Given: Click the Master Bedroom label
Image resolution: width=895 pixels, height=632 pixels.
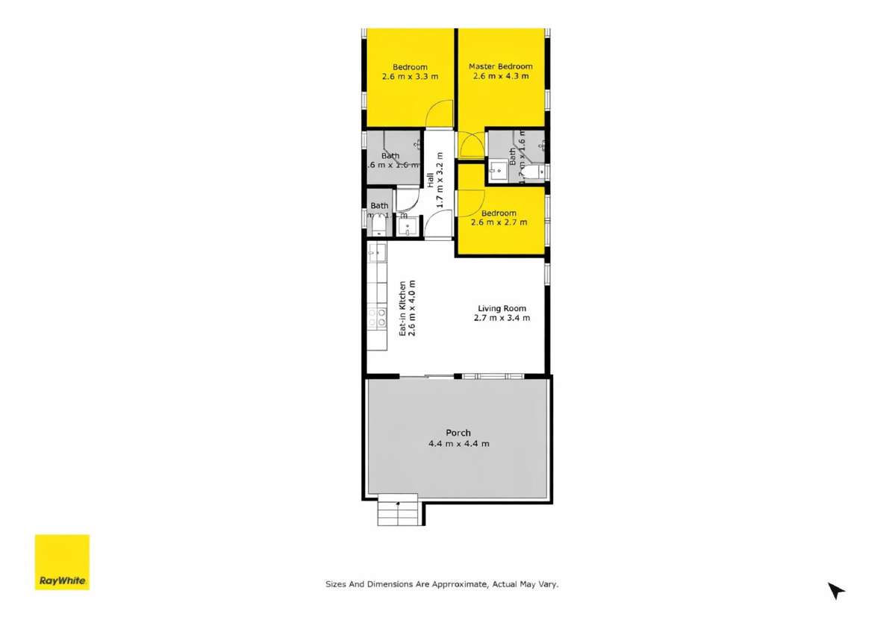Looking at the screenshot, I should [x=500, y=66].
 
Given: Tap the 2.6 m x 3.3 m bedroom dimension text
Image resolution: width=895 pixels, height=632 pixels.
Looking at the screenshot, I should [x=410, y=77].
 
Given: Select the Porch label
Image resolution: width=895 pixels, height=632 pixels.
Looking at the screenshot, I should [x=458, y=433].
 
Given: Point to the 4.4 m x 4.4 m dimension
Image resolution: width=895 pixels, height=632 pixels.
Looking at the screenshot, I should [x=458, y=443].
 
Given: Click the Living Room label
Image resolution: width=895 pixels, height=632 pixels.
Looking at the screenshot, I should [x=502, y=308].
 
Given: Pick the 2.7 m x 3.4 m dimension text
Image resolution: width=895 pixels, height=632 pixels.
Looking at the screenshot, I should [x=502, y=318].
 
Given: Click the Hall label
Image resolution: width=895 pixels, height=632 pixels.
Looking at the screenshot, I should [x=431, y=179].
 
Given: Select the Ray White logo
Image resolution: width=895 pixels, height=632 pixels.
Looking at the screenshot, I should [x=62, y=562].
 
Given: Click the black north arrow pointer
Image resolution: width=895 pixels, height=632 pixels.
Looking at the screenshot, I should [x=835, y=591].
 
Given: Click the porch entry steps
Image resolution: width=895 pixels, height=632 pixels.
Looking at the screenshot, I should [x=397, y=511].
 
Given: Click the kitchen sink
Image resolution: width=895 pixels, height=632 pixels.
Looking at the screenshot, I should [x=377, y=253].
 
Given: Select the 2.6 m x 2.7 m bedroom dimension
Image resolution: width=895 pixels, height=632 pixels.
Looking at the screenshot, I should [x=499, y=222].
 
